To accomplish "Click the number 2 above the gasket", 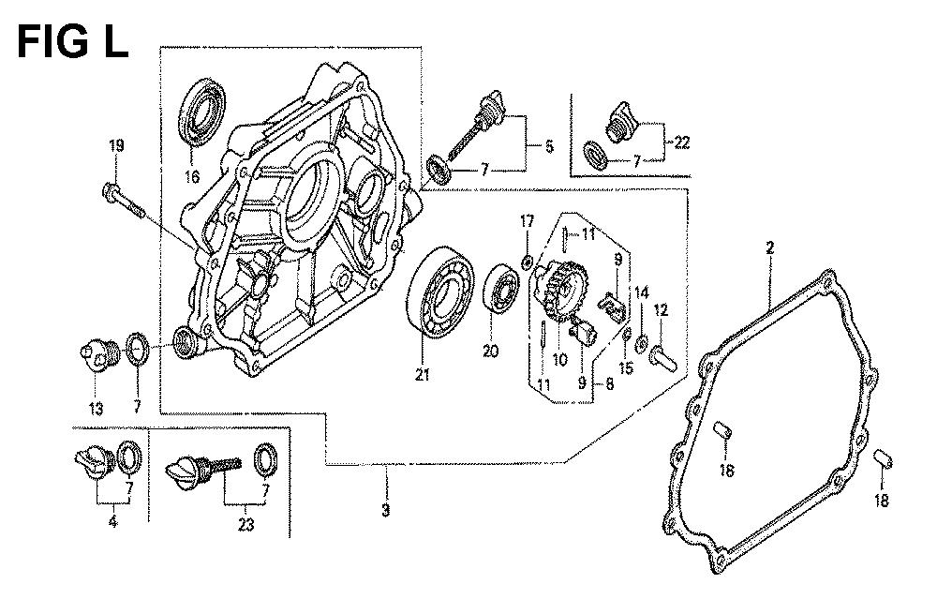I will [x=769, y=247].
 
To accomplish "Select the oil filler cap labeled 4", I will [x=95, y=460].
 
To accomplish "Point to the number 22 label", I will [x=681, y=142].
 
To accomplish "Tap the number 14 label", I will [x=641, y=292].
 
